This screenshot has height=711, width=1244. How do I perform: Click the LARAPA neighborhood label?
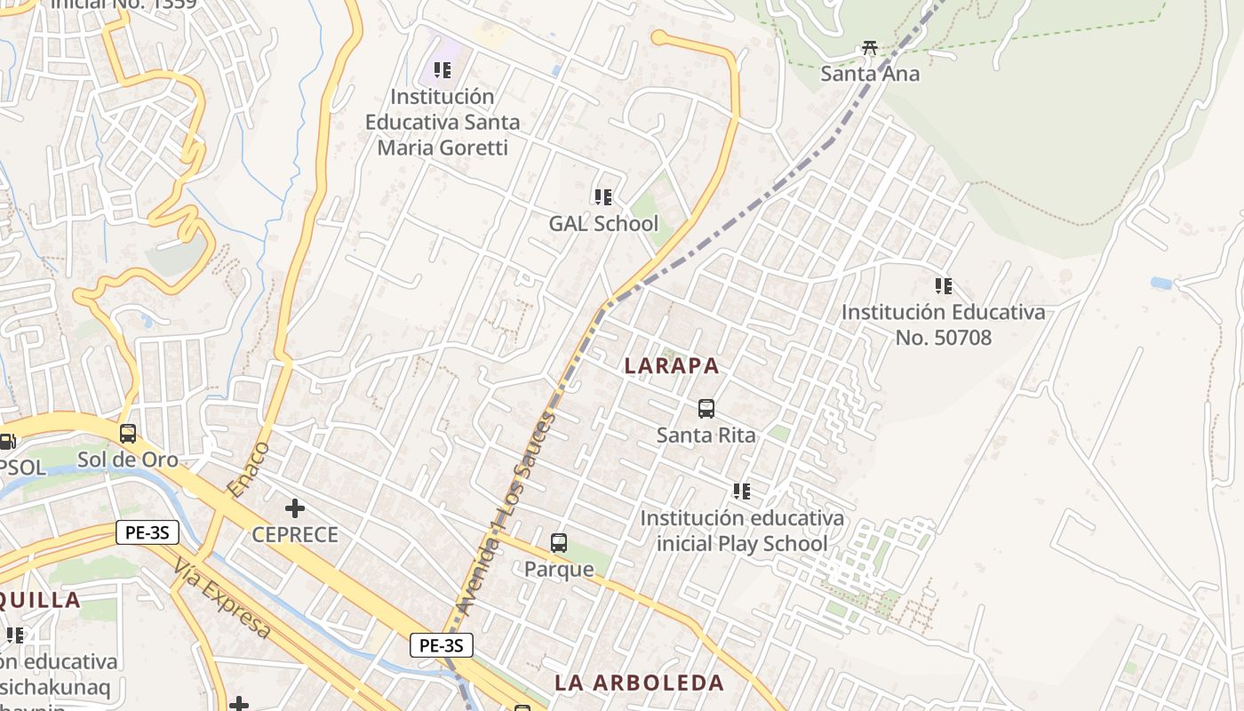click(672, 365)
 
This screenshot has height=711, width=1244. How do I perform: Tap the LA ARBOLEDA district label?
click(640, 683)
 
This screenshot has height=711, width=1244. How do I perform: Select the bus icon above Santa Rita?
click(706, 409)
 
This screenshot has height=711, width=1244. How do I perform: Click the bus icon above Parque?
click(559, 543)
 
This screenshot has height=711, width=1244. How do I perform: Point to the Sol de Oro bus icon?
click(128, 434)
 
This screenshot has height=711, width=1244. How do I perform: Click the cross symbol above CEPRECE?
click(295, 508)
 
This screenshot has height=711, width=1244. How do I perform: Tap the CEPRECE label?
click(295, 534)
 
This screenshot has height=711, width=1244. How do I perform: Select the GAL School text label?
click(603, 223)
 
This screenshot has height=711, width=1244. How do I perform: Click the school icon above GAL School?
click(603, 196)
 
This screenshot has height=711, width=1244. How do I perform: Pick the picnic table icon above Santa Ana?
click(870, 48)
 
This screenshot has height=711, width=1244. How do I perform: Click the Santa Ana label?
click(870, 74)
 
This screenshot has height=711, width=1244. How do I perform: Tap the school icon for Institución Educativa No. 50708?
click(944, 286)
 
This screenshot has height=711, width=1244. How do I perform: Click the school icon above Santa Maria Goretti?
click(442, 69)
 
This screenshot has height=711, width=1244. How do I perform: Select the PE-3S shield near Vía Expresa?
click(148, 532)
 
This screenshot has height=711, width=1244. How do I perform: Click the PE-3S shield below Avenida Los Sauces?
click(442, 645)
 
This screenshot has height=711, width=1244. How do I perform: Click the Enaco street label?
click(248, 468)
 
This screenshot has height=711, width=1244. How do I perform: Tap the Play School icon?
click(742, 491)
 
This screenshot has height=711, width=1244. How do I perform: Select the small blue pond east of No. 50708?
click(1160, 284)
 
